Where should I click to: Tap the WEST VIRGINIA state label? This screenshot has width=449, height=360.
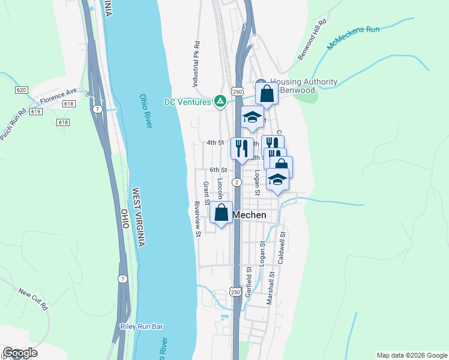tap(137, 217)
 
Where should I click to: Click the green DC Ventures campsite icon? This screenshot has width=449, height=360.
tap(220, 101)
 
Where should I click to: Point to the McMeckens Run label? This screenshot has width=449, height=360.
tap(354, 38)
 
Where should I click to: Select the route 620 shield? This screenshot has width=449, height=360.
tap(21, 90)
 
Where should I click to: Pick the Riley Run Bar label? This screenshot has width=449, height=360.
tap(142, 327)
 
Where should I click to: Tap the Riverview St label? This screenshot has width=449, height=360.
tap(197, 218)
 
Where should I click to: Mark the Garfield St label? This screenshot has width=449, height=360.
tap(247, 282)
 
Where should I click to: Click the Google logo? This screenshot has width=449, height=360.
tap(20, 353)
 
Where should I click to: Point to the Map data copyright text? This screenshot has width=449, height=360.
tap(411, 355)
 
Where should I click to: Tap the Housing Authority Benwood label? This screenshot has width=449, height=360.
tap(303, 86)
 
